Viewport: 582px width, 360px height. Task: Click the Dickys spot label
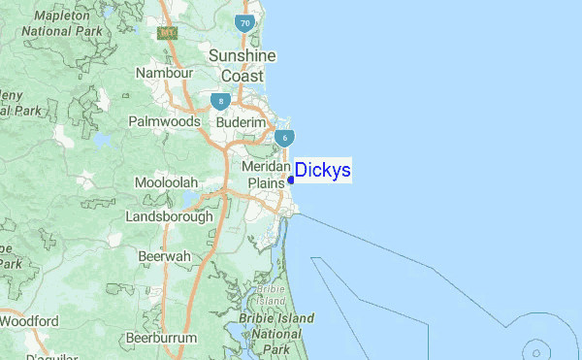[323, 171]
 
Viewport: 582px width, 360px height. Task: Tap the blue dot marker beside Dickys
[291, 179]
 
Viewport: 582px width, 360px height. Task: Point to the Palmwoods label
[165, 122]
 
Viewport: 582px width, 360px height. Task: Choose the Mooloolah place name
[166, 182]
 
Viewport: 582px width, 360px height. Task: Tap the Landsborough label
[169, 216]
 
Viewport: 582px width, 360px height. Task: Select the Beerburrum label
[161, 338]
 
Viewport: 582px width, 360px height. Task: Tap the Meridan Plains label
[267, 174]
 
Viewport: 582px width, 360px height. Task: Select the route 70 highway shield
[244, 22]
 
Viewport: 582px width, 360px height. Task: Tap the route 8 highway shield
[222, 100]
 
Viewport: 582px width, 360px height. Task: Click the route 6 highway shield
[284, 139]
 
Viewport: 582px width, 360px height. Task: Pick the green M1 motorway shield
[169, 34]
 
